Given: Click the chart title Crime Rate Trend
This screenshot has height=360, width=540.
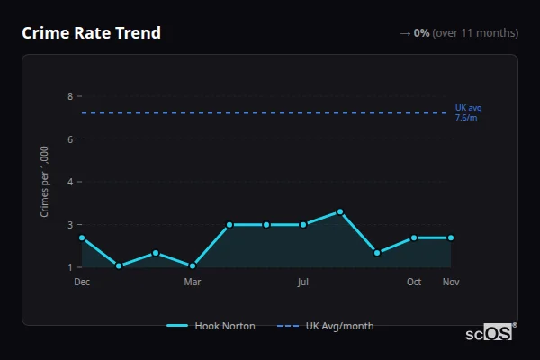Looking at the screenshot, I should point(91,33).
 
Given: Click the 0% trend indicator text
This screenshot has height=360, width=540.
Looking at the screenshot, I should point(421,33).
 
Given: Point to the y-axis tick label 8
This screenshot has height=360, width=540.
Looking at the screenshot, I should point(70,96).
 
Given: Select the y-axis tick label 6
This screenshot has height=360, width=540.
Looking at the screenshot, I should point(70,139).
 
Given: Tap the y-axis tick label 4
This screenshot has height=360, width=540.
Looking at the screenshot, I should point(70,182).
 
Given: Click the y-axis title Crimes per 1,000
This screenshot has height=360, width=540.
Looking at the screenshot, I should point(45,182).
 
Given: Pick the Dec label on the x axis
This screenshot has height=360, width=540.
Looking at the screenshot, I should point(82,282).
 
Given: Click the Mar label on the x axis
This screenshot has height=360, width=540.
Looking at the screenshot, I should point(193,282).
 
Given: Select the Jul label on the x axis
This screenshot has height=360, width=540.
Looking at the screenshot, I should point(303,282).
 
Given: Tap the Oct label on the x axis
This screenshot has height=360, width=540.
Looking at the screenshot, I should point(414,282).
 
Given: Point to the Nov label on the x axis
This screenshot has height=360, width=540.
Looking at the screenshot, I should point(451,282).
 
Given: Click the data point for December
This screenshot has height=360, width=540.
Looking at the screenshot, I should point(82,238).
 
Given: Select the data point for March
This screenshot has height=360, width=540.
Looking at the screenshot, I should point(193,265).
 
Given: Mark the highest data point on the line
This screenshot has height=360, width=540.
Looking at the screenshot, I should point(340,211).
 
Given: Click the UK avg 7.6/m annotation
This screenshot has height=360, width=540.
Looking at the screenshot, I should point(468,112).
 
